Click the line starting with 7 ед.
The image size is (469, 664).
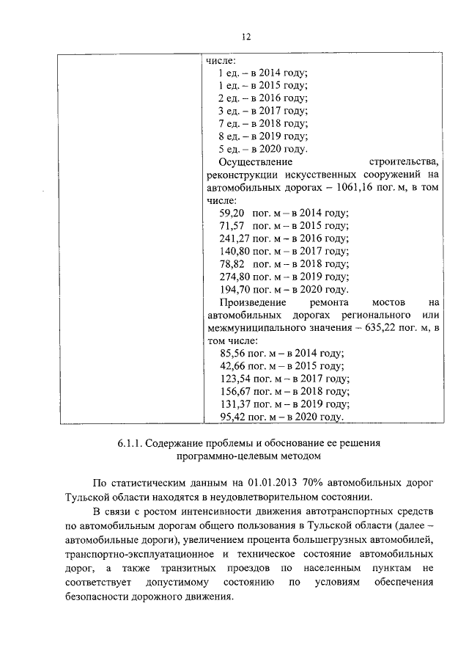[262, 123]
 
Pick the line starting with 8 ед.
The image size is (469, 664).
[262, 136]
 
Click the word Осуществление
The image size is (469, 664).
[256, 162]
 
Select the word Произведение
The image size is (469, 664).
[253, 302]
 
